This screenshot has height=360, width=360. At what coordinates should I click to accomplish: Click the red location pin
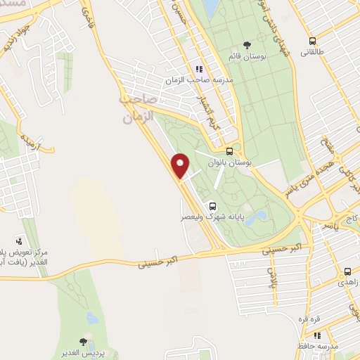pos(181,166)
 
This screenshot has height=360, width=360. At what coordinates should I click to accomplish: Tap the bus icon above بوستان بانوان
pos(230,151)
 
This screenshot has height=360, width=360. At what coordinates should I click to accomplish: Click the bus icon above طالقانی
pos(312,41)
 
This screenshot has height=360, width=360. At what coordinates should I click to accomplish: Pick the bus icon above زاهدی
pos(347,271)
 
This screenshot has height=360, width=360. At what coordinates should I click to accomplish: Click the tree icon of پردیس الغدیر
pos(83,342)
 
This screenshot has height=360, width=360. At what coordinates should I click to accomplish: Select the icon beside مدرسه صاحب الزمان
pos(200,69)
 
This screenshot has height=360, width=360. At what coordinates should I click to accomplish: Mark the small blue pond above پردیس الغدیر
pos(93,319)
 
